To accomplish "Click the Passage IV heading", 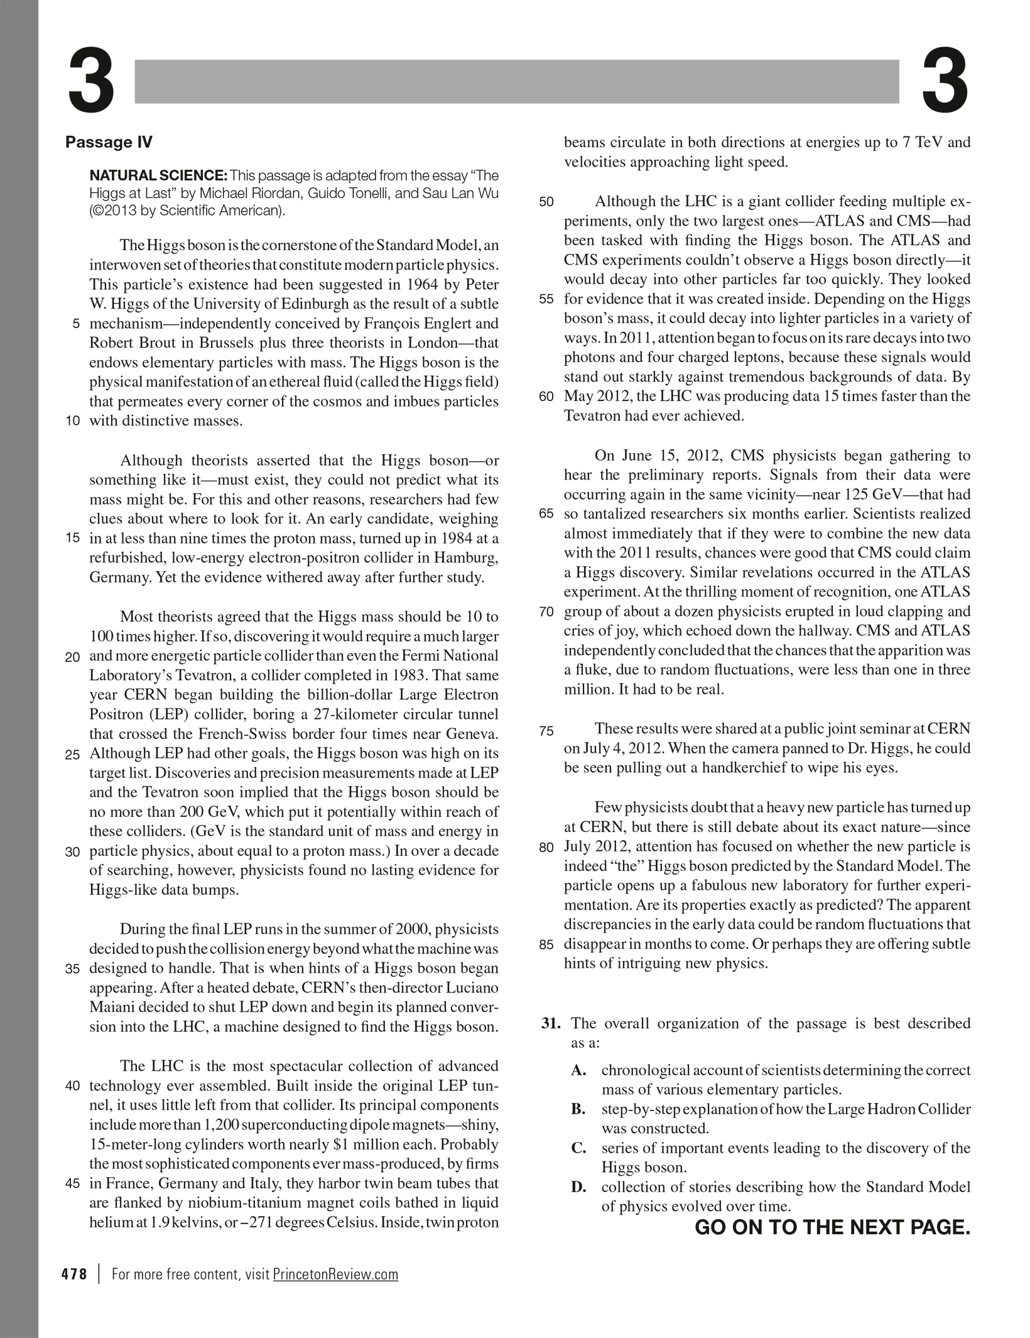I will pyautogui.click(x=109, y=142).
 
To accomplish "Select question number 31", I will pyautogui.click(x=551, y=1024).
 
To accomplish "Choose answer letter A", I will pyautogui.click(x=578, y=1071).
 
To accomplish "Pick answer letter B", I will pyautogui.click(x=578, y=1110).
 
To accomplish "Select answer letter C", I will pyautogui.click(x=578, y=1149).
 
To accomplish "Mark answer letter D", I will pyautogui.click(x=578, y=1188).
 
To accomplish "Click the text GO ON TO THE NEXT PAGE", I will pyautogui.click(x=832, y=1227).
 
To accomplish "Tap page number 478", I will pyautogui.click(x=74, y=1274).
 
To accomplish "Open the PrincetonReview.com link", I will pyautogui.click(x=335, y=1274).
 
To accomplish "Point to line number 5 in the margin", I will pyautogui.click(x=76, y=324).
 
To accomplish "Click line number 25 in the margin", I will pyautogui.click(x=73, y=754).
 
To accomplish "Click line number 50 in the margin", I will pyautogui.click(x=546, y=202).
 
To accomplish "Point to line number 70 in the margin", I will pyautogui.click(x=546, y=611).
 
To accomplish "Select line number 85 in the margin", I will pyautogui.click(x=546, y=945).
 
